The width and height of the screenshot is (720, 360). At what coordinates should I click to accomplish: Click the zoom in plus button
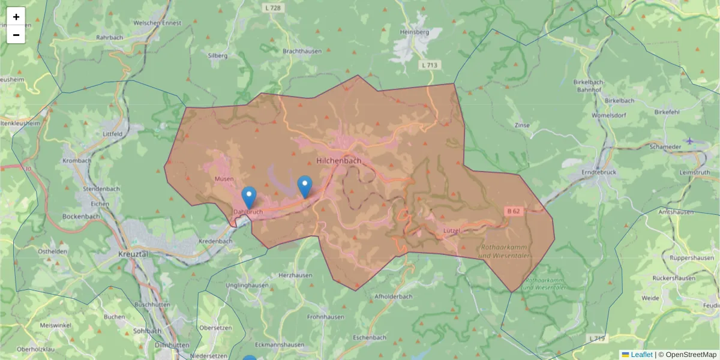coord(16,17)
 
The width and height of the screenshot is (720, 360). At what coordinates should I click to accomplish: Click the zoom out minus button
coord(16,35)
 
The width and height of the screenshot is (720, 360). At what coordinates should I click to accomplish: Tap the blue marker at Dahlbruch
coord(249,197)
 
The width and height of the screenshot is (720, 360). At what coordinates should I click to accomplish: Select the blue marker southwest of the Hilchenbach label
coord(305,187)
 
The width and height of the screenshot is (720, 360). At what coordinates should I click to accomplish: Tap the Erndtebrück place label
coord(600,172)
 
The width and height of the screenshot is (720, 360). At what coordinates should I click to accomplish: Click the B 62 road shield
coord(513,211)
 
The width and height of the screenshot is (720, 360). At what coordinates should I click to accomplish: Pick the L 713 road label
coord(430,65)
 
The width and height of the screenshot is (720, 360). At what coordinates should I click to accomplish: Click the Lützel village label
coord(451,230)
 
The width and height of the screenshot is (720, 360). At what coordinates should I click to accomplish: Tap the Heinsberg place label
coord(414,31)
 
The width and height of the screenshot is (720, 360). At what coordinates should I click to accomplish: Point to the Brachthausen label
coord(302,52)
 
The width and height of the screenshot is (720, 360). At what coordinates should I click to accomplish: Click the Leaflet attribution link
coord(641,355)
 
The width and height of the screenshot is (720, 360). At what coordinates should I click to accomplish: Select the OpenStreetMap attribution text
coord(690,355)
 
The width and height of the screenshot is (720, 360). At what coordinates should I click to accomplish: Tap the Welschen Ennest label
coord(157,23)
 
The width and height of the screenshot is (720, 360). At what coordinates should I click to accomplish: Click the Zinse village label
coord(522,125)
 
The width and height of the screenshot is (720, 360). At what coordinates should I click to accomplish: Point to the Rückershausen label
coord(674,278)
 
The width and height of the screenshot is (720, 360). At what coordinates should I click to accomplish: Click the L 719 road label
coord(597,339)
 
